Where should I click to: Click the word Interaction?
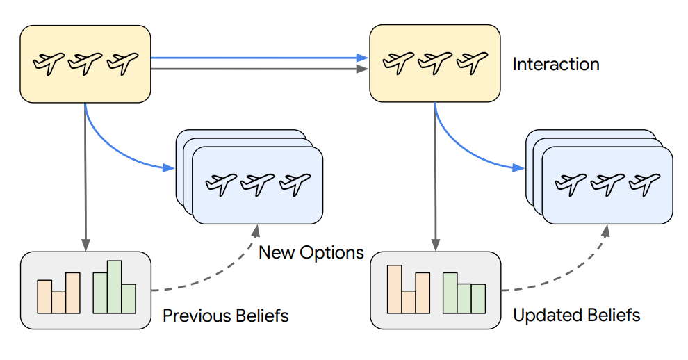click(556, 65)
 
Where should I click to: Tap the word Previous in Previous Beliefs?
click(192, 316)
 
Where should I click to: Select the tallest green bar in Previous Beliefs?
click(115, 286)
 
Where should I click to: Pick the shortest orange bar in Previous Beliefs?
click(58, 301)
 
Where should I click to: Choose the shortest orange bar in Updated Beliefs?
click(409, 301)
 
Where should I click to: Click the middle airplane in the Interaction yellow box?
click(434, 63)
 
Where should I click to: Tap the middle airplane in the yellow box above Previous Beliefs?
click(85, 63)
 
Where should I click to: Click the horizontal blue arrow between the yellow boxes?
click(257, 58)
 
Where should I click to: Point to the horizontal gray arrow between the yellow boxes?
click(257, 69)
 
